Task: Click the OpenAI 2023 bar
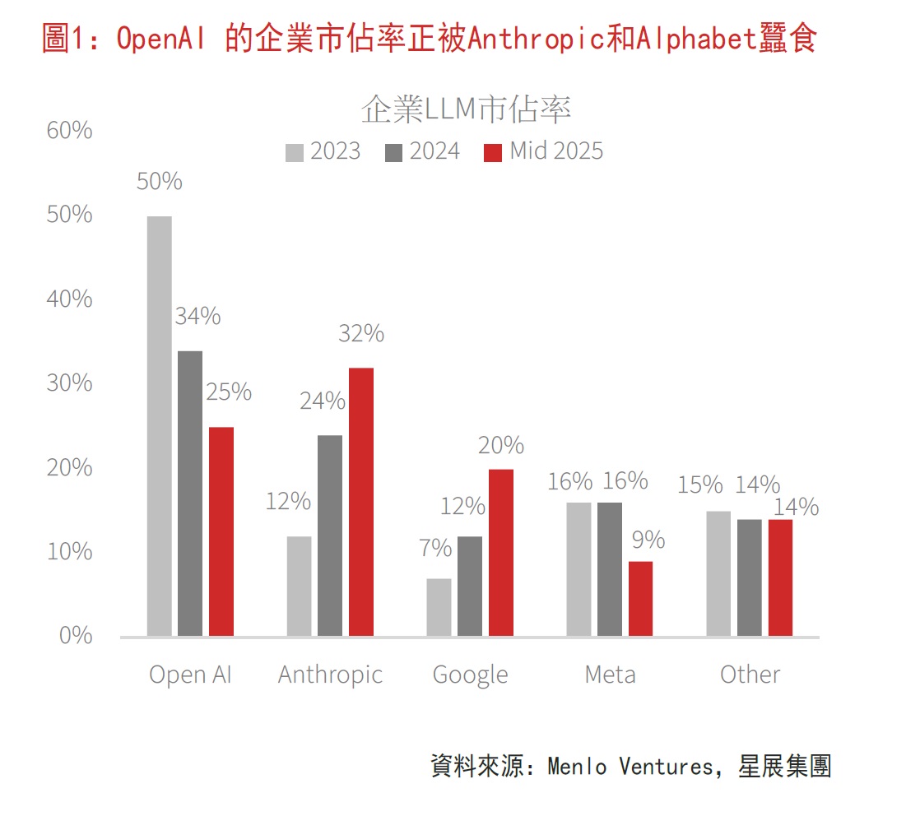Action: coord(159,425)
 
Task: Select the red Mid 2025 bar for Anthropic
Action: coord(360,501)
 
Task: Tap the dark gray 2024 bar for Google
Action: coord(470,586)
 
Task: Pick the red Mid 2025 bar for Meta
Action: coord(640,598)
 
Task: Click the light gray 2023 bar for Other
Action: coord(718,573)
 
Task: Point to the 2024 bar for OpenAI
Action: coord(190,493)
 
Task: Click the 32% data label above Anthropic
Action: coord(361,333)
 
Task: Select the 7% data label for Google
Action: coord(435,547)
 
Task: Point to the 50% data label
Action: coord(160,181)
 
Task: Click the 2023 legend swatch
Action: coord(295,152)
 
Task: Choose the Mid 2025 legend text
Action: coord(556,151)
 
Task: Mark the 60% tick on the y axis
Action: coord(69,131)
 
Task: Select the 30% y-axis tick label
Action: coord(69,383)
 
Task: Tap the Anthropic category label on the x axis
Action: coord(330,675)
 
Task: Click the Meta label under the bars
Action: coord(610,675)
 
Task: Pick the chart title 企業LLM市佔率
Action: coord(466,109)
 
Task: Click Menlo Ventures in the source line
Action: coord(631,767)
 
